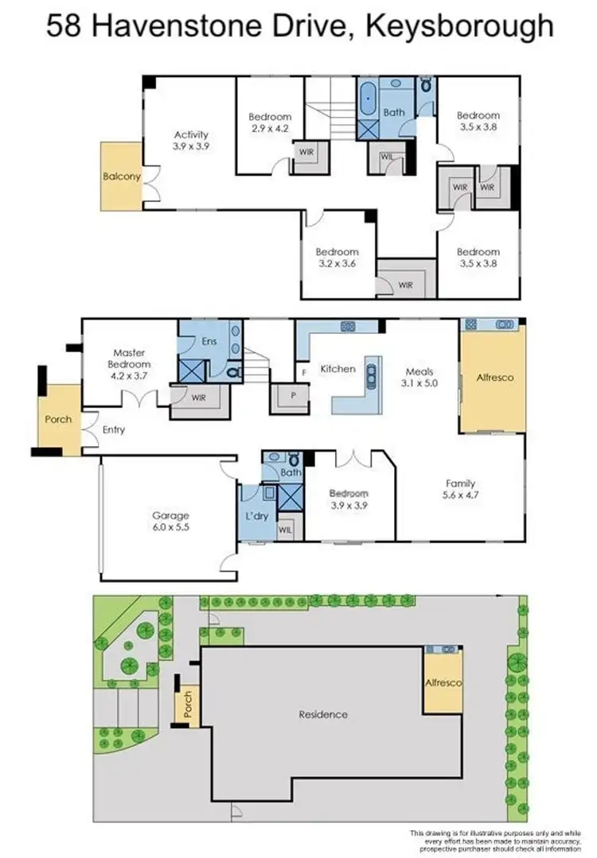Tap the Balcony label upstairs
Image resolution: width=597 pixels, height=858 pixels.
(121, 177)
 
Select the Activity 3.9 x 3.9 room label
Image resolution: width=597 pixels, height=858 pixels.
(191, 140)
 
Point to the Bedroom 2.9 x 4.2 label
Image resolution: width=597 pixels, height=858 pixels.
(270, 122)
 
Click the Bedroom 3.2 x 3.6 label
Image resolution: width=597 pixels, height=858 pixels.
(338, 258)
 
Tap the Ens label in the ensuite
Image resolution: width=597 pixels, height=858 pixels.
(209, 342)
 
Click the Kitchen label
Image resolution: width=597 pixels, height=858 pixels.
(338, 369)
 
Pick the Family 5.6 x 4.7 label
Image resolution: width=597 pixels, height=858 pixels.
(460, 489)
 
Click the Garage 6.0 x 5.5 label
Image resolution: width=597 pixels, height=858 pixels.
(171, 521)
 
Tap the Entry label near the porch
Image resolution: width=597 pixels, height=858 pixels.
(115, 430)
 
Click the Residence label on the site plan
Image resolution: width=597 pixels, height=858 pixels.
(323, 714)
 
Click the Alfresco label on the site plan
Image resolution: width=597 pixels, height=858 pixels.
(443, 683)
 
